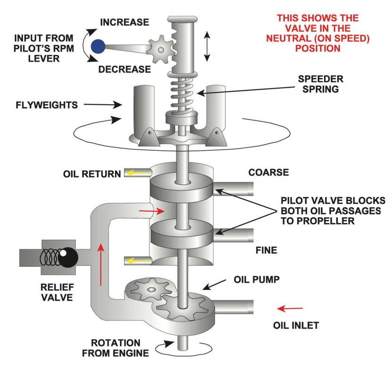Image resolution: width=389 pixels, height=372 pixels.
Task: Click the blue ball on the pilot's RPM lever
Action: click(x=98, y=46)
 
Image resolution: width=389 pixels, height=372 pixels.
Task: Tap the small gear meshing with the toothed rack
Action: click(x=157, y=47)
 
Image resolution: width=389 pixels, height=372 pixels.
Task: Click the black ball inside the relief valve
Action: click(x=69, y=257)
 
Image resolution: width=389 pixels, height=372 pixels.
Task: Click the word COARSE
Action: click(x=268, y=172)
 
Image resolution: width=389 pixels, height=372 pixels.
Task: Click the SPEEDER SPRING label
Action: click(x=321, y=83)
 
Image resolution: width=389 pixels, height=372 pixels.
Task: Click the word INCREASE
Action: click(x=125, y=22)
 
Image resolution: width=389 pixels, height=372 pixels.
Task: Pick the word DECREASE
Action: click(x=125, y=69)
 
